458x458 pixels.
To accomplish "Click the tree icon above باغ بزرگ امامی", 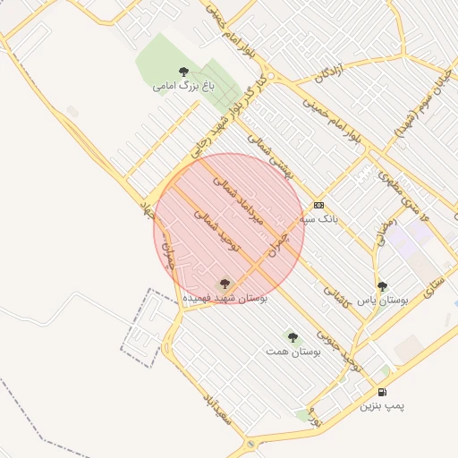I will coord(184,72).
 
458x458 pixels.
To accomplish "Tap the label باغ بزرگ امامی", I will coord(184,87).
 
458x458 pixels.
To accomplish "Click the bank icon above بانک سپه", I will coord(318,205).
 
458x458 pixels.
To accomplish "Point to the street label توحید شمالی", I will coord(218,230).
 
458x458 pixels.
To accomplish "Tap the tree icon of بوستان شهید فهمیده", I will coord(224,283).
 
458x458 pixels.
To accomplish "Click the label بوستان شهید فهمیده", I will coord(225,296).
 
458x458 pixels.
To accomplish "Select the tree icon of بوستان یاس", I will coord(383,286).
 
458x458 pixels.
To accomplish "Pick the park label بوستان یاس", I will coord(383,301).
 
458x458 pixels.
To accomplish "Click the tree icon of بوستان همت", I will coord(293,337).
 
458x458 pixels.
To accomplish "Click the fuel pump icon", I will coord(383,392).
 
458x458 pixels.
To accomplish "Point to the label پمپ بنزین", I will coord(383,406).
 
